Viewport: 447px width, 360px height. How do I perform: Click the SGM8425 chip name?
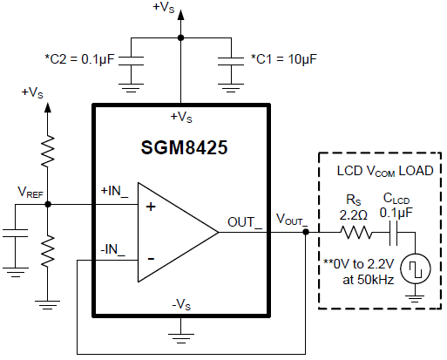point(184,147)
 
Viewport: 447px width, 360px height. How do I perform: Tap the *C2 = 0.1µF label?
point(79,59)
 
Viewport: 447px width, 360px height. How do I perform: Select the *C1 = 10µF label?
point(284,59)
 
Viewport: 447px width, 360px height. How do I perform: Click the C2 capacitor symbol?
point(131,61)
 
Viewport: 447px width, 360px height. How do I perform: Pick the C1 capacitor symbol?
point(231,61)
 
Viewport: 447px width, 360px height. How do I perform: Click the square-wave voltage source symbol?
point(416,268)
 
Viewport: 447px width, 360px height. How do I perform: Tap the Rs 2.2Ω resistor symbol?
point(356,233)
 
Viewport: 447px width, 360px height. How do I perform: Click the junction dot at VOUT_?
point(306,232)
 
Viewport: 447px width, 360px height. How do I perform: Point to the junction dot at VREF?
point(48,204)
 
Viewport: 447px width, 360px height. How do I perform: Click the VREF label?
point(30,192)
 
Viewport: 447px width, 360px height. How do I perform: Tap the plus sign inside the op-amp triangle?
point(151,207)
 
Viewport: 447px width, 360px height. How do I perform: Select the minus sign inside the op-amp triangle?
point(151,258)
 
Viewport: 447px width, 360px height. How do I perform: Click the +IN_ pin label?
point(114,192)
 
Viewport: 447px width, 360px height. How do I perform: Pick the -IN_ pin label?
point(112,250)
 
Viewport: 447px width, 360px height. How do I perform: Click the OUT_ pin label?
point(245,223)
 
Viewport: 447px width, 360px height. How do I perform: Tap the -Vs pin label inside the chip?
point(181,305)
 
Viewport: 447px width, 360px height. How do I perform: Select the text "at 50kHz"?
point(369,280)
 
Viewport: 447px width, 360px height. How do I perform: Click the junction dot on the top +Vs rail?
point(180,37)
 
